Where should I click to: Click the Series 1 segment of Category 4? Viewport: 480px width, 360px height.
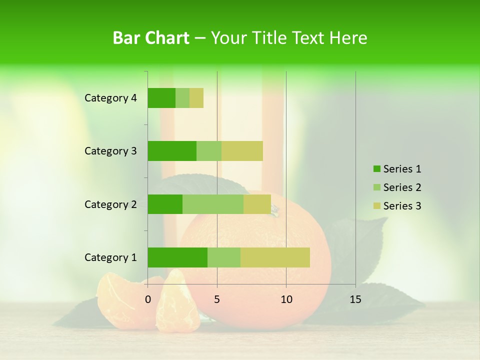point(161,98)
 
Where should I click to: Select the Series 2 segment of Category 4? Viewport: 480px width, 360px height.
point(182,98)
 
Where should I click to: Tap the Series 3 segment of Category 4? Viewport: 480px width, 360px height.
point(196,98)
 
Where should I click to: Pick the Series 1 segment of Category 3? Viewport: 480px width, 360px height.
point(172,151)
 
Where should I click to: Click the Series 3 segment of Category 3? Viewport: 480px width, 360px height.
point(242,151)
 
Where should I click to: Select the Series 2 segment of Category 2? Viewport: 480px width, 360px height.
point(213,204)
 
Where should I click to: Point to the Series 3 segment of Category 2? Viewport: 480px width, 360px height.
point(257,204)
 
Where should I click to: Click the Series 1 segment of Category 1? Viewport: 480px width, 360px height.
point(177,257)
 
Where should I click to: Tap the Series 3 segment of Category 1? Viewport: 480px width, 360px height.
point(275,257)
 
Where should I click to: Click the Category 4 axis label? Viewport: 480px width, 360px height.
point(110,98)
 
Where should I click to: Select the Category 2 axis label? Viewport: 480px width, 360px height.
point(110,204)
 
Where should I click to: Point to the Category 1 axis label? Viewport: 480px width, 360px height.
point(110,257)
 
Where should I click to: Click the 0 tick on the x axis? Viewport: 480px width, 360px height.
point(148,299)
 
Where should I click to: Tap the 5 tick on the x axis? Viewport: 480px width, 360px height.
point(217,299)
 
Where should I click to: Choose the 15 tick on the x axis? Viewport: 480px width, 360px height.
point(355,299)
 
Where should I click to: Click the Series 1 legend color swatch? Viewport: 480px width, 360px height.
point(376,169)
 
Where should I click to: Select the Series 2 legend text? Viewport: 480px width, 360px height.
point(402,187)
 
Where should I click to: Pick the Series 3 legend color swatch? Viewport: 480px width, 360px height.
point(376,206)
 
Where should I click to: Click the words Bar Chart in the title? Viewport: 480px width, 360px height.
point(151,38)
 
